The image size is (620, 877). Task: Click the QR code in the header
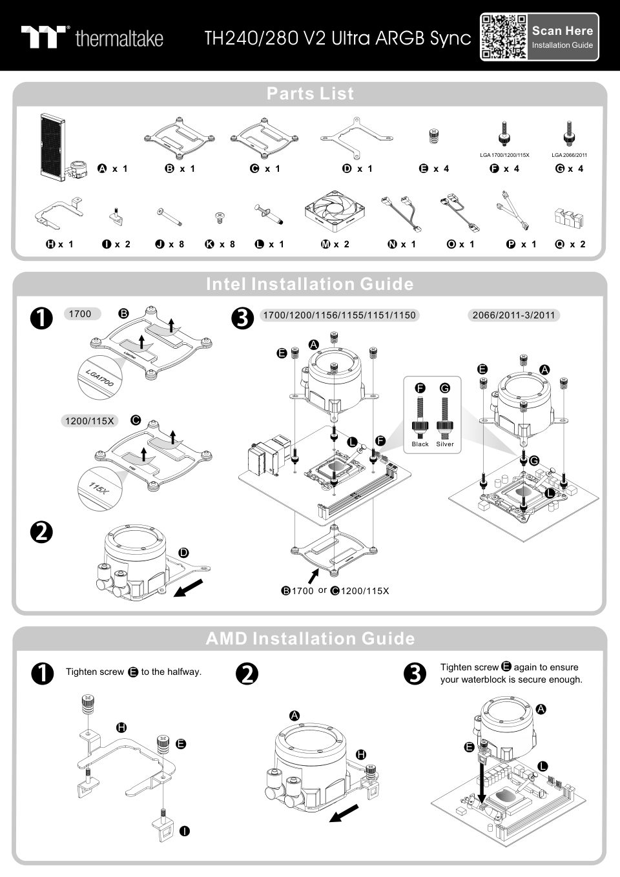(504, 37)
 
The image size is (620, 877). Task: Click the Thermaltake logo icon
(44, 37)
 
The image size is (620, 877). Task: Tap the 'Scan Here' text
(562, 30)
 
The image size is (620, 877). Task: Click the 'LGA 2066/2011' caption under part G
(569, 155)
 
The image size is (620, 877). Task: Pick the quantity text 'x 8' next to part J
(176, 244)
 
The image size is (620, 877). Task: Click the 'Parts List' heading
(310, 94)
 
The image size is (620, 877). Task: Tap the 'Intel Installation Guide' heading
(310, 284)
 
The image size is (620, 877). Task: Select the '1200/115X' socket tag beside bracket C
(89, 421)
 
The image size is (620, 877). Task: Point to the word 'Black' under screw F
(420, 444)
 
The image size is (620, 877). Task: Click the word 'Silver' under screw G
(445, 444)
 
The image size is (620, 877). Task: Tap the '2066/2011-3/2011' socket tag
(513, 315)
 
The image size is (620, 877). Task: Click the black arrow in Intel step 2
(189, 588)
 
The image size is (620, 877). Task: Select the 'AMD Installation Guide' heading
(310, 639)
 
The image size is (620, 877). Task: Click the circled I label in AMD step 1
(185, 831)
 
